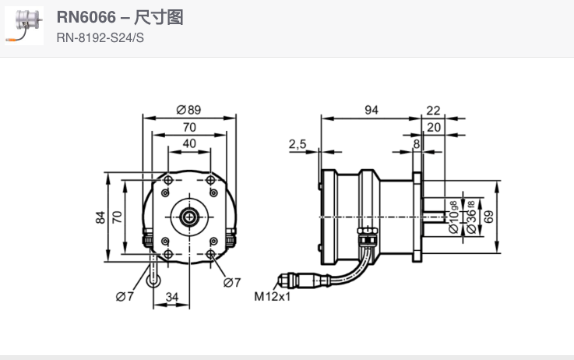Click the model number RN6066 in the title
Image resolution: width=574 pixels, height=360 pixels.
pyautogui.click(x=85, y=18)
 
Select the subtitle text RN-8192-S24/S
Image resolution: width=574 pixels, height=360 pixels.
pyautogui.click(x=100, y=37)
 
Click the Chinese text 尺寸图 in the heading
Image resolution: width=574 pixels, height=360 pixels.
pyautogui.click(x=164, y=18)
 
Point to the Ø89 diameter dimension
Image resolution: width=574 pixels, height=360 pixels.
pyautogui.click(x=188, y=110)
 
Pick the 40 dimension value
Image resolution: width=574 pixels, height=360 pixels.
pyautogui.click(x=189, y=143)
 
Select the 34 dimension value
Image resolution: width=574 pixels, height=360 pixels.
pyautogui.click(x=172, y=296)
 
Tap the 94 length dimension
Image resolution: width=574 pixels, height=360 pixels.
pyautogui.click(x=371, y=111)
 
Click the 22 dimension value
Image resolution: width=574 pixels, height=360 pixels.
pyautogui.click(x=433, y=111)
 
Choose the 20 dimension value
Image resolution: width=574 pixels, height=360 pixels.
pyautogui.click(x=433, y=127)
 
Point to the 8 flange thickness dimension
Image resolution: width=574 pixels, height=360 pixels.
pyautogui.click(x=417, y=143)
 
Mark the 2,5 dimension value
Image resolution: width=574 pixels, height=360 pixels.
pyautogui.click(x=297, y=143)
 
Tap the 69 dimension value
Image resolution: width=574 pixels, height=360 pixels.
pyautogui.click(x=488, y=217)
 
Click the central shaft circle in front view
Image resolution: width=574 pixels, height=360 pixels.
pyautogui.click(x=188, y=217)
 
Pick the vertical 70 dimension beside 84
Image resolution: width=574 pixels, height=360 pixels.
pyautogui.click(x=117, y=217)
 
